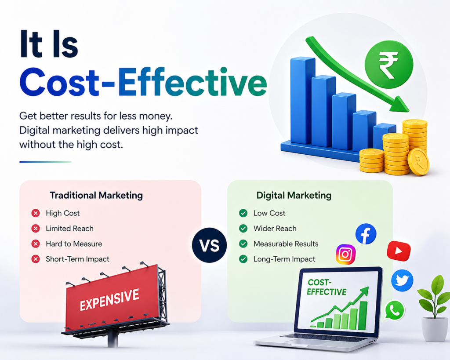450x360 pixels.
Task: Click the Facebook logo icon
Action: click(x=366, y=234)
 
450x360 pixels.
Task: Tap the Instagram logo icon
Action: click(x=345, y=254)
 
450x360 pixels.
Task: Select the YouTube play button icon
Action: click(x=399, y=251)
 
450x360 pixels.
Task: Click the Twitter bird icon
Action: click(x=402, y=280)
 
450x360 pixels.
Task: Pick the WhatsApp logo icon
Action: click(x=395, y=310)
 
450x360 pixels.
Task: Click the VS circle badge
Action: click(x=210, y=245)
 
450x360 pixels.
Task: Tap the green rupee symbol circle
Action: click(x=389, y=65)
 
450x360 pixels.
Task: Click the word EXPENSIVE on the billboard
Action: click(x=109, y=300)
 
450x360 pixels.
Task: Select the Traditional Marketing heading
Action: click(x=96, y=196)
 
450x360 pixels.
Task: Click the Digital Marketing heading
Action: click(x=294, y=196)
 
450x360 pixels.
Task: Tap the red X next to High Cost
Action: click(x=36, y=213)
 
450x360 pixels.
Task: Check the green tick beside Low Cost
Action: click(x=243, y=213)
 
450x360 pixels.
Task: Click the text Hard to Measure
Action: click(x=74, y=244)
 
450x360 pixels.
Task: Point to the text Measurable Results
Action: click(x=286, y=244)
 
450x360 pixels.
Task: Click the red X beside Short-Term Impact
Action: click(x=36, y=259)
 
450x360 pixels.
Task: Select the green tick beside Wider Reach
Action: click(x=243, y=229)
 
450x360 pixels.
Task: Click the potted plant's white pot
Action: click(x=435, y=329)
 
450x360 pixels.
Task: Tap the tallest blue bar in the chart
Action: click(x=302, y=101)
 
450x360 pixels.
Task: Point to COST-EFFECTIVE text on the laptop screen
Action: click(x=327, y=287)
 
